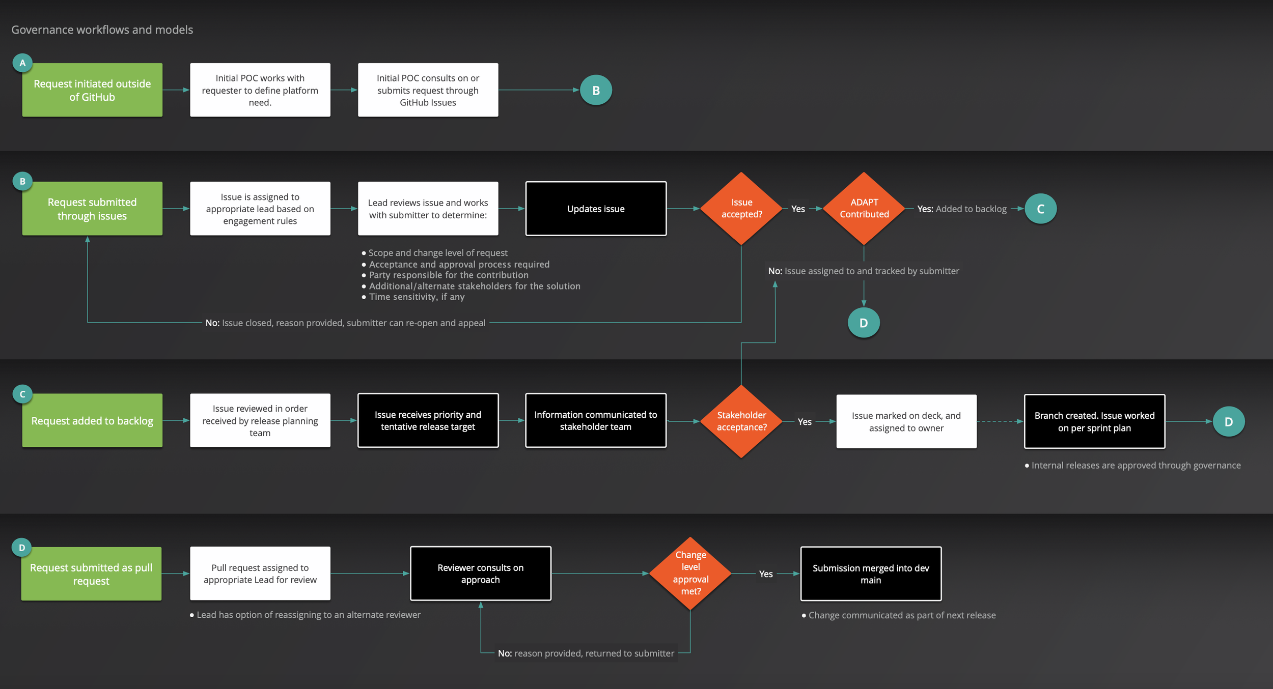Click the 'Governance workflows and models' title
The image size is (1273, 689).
[x=102, y=30]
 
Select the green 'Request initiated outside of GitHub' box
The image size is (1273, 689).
[x=92, y=90]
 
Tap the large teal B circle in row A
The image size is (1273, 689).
[x=596, y=90]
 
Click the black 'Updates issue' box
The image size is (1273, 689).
[x=596, y=209]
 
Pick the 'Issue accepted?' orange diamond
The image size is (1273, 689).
[x=741, y=209]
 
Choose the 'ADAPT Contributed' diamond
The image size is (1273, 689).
[x=864, y=209]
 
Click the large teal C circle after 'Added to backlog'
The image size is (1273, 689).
[x=1040, y=209]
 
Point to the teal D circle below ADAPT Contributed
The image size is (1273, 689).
[x=864, y=323]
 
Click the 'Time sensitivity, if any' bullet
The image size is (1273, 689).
[x=417, y=297]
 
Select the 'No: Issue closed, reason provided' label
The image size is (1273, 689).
[x=345, y=323]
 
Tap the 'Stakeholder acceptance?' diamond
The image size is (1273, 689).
[x=741, y=421]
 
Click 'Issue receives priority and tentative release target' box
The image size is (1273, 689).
[x=428, y=420]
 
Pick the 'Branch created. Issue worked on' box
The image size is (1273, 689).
[x=1094, y=421]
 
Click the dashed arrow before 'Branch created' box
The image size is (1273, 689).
[x=1000, y=421]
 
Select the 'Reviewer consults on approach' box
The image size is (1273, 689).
[x=480, y=573]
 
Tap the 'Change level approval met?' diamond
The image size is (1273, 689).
[x=690, y=573]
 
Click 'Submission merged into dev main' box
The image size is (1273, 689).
[x=871, y=573]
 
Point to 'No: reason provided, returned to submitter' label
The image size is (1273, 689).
[x=586, y=653]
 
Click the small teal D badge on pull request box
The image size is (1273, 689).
[x=22, y=548]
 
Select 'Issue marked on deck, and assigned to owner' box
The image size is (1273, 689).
[x=906, y=421]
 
